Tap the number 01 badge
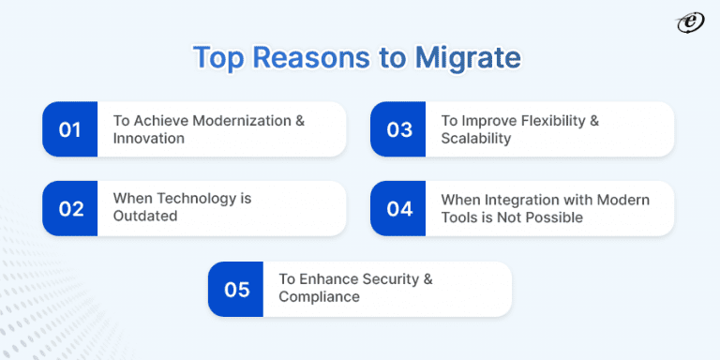[70, 129]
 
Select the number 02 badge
[70, 208]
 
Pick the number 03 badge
[399, 129]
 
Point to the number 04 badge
[399, 208]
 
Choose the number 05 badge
[236, 289]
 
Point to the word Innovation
[148, 138]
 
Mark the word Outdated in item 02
[146, 217]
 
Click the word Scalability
[475, 138]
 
